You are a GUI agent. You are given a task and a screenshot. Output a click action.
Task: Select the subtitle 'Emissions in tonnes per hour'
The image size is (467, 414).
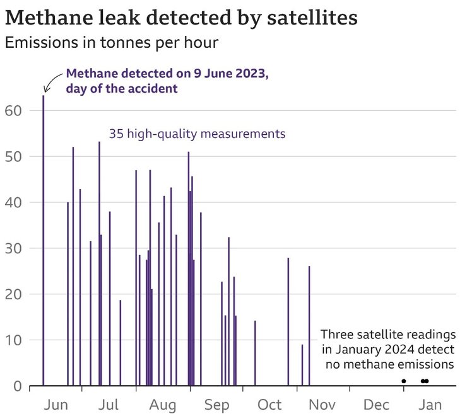click(111, 43)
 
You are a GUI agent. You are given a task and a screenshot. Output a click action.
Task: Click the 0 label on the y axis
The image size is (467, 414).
click(18, 386)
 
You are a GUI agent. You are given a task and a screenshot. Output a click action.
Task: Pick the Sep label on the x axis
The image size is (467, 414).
click(216, 404)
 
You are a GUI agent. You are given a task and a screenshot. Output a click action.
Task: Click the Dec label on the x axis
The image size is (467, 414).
click(377, 404)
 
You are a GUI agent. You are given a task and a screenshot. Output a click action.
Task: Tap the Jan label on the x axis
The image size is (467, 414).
click(430, 404)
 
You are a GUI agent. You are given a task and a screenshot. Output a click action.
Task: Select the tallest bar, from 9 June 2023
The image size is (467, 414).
click(44, 239)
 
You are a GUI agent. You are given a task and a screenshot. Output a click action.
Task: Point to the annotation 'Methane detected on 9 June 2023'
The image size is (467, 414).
click(167, 74)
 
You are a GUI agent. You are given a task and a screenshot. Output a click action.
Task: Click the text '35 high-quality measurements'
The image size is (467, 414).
click(198, 134)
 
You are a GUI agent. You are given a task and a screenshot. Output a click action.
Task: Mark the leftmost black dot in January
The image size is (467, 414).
click(404, 381)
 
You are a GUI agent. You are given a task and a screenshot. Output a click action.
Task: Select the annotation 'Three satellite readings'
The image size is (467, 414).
click(387, 335)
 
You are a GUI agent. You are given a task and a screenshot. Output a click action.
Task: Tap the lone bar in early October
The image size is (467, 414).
click(255, 353)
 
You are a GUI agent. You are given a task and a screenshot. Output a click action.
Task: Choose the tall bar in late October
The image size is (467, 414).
click(288, 321)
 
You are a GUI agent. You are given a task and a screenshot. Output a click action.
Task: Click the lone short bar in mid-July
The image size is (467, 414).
click(120, 343)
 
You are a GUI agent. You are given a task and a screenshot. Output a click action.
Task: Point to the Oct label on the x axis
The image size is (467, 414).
click(269, 404)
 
